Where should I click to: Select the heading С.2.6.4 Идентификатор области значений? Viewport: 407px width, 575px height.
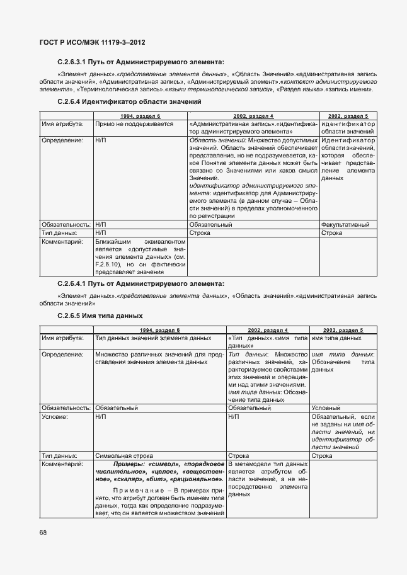point(129,101)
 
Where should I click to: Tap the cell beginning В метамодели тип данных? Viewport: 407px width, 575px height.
point(267,480)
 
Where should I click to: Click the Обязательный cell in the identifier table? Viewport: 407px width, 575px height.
point(211,224)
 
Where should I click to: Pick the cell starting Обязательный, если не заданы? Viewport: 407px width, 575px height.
point(343,431)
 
